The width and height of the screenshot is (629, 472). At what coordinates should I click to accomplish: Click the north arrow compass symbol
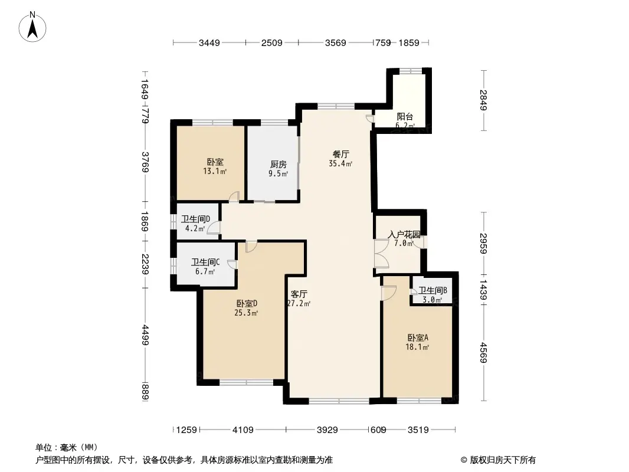click(34, 26)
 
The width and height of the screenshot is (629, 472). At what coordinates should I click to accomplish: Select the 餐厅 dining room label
click(341, 155)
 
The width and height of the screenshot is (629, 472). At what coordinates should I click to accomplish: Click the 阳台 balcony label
click(404, 116)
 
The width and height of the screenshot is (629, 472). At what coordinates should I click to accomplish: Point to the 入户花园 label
click(404, 234)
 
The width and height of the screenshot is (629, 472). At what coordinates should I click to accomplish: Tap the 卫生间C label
click(205, 263)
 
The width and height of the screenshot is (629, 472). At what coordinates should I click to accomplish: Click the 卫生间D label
click(195, 219)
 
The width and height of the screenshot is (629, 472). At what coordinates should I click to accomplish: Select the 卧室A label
click(418, 337)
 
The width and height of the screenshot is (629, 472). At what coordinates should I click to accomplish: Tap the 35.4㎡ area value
click(341, 164)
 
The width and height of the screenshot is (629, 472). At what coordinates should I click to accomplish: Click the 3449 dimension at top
click(209, 42)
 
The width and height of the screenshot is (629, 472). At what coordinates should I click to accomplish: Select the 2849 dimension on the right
click(484, 100)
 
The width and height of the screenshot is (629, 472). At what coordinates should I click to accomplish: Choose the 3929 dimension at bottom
click(326, 430)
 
